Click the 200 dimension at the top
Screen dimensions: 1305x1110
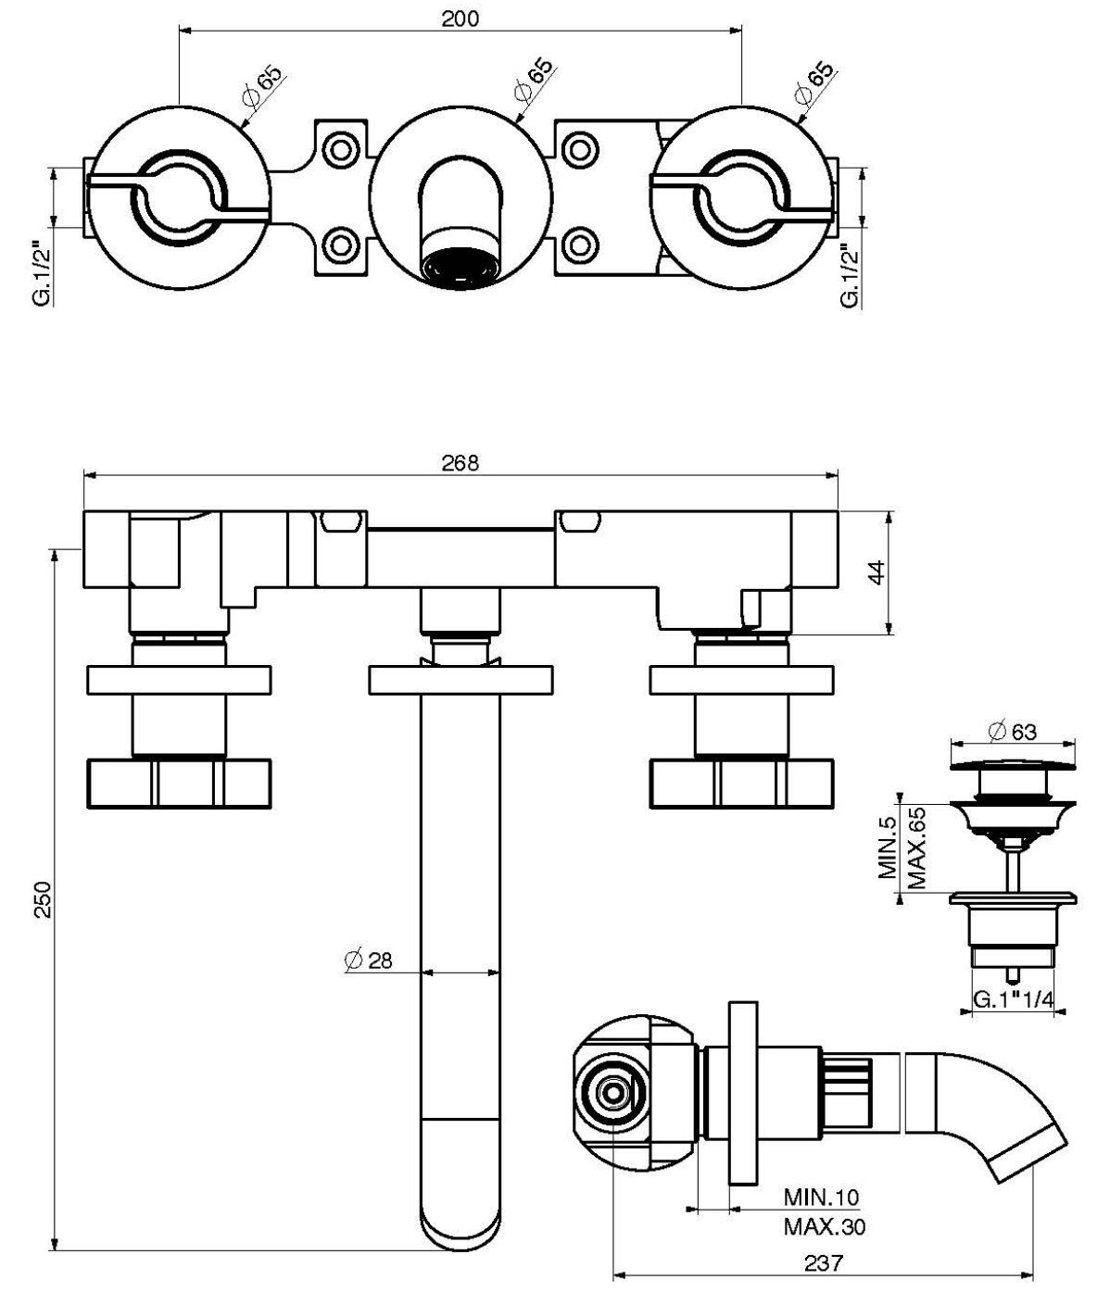coord(460,19)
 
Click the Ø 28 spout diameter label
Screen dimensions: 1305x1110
coord(368,960)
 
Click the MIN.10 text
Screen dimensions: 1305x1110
coord(821,1198)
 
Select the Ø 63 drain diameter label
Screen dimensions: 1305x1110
coord(1013,732)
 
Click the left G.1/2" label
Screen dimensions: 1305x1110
coord(37,274)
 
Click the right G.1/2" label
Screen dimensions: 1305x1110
coord(848,274)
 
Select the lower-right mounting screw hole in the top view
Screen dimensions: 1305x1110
coord(579,245)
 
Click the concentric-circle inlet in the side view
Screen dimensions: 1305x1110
coord(612,1094)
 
